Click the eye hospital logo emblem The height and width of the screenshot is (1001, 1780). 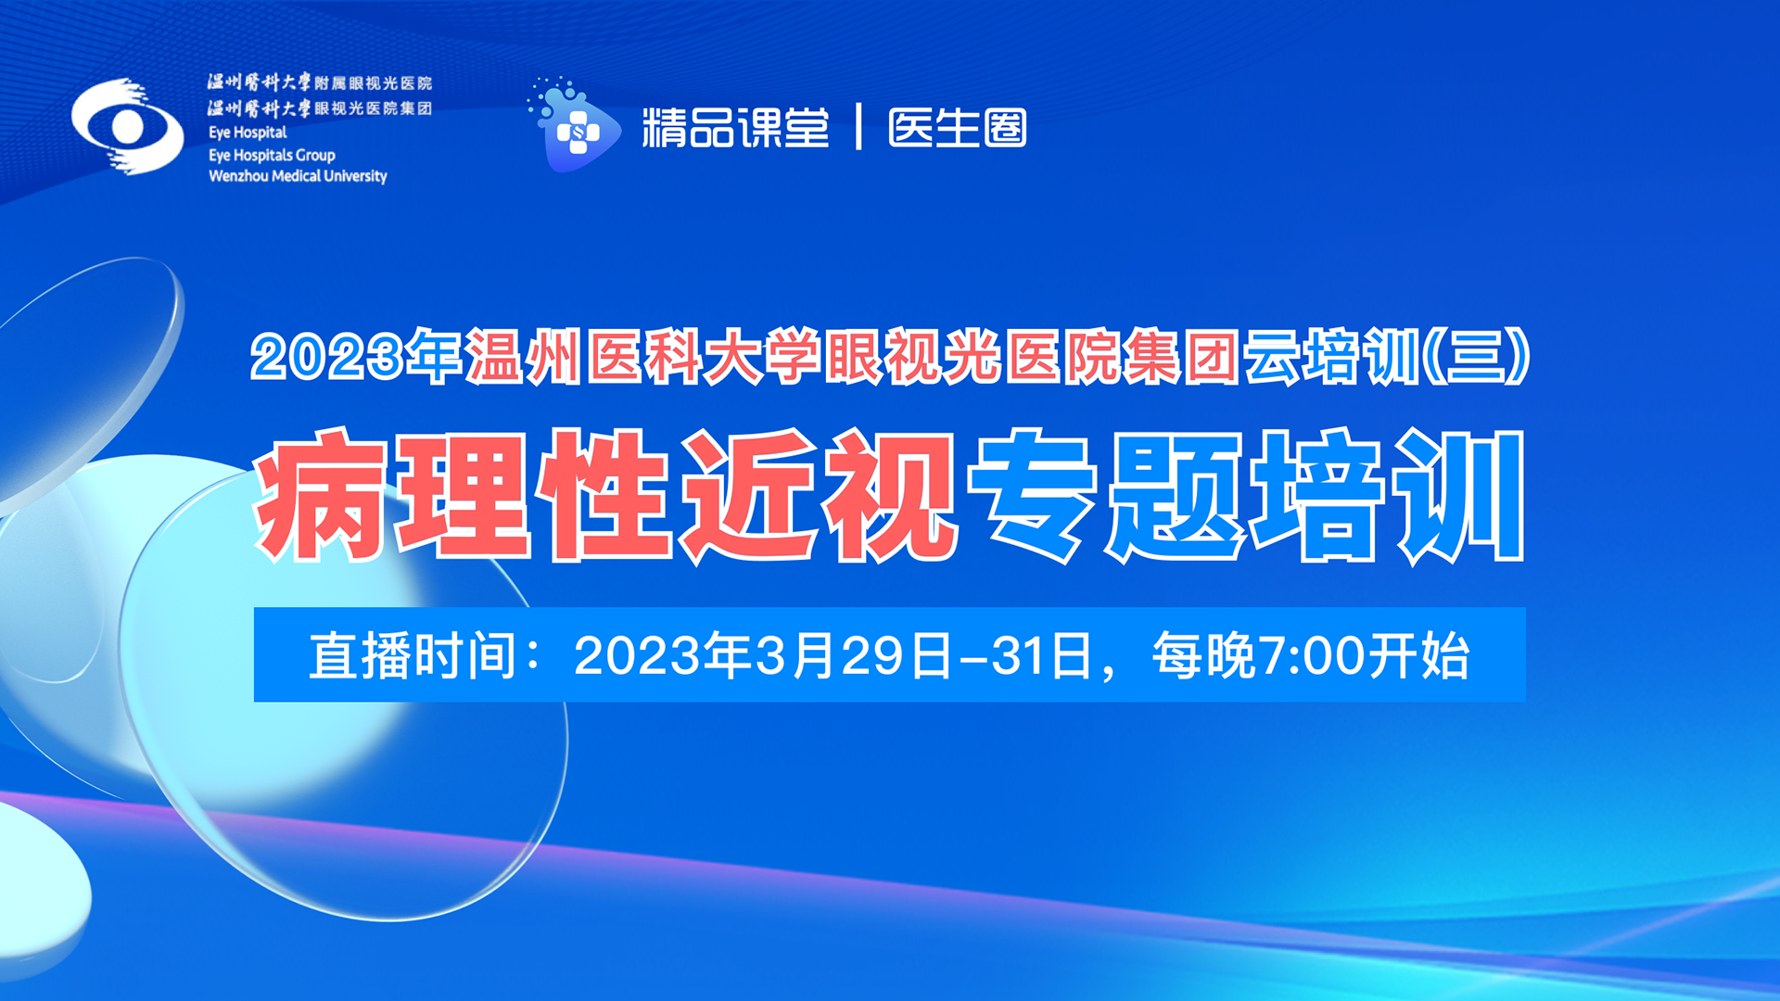click(128, 127)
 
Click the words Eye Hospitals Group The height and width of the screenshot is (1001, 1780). click(272, 155)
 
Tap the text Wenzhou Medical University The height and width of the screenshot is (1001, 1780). click(298, 175)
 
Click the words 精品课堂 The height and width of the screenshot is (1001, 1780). click(736, 127)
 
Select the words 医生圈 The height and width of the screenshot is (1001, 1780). click(958, 127)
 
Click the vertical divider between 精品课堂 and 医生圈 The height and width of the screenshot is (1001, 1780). click(859, 127)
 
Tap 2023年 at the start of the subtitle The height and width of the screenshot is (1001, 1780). click(356, 357)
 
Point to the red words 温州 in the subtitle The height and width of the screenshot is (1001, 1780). click(523, 357)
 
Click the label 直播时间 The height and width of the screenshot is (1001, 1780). click(413, 655)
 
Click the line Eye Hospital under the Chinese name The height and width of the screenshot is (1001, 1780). click(248, 133)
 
